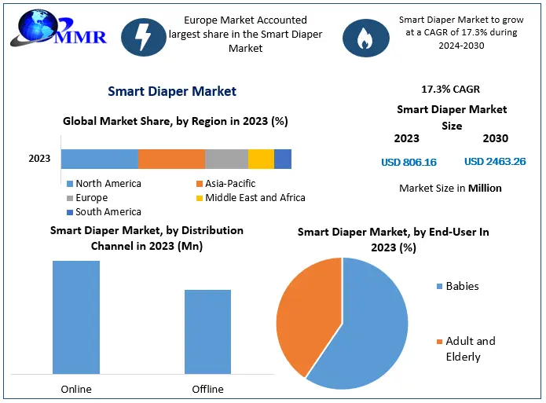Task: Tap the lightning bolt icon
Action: (x=144, y=35)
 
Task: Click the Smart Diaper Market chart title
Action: (x=172, y=91)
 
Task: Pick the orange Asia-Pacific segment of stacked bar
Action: (x=171, y=159)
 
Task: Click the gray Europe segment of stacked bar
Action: (x=226, y=159)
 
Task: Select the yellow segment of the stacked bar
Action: (x=261, y=159)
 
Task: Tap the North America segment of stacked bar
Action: (x=99, y=159)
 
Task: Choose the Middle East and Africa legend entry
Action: (x=249, y=198)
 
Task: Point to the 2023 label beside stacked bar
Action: (x=39, y=159)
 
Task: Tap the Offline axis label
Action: (x=207, y=389)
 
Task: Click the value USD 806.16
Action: (x=409, y=163)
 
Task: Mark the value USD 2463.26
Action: (x=495, y=162)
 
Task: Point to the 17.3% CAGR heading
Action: (x=451, y=90)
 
